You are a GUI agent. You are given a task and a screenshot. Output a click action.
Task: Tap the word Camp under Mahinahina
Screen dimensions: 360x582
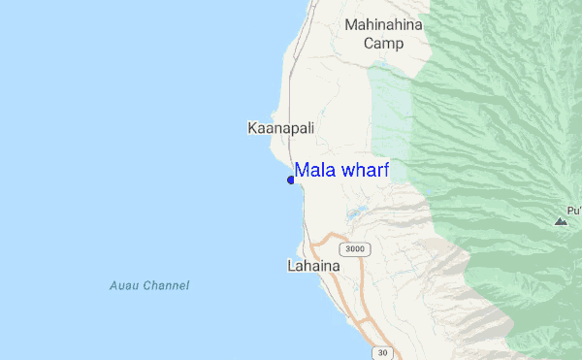coord(384,43)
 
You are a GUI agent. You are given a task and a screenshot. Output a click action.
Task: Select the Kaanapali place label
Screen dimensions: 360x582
coord(281,128)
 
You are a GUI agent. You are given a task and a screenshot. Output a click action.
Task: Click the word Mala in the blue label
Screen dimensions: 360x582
coord(314,171)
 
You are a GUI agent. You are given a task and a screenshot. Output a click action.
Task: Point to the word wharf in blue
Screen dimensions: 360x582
coord(364,171)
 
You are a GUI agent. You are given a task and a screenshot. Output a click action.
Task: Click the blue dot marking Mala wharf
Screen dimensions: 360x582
coord(291,180)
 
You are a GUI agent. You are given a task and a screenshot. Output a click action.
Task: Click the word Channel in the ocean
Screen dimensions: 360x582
coord(166,286)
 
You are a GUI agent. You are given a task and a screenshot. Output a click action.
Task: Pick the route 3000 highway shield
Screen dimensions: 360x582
coord(357,249)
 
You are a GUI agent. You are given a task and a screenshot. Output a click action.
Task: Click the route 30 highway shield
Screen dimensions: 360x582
coord(384,351)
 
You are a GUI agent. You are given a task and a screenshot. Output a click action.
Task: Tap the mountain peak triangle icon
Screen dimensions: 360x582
coord(561,221)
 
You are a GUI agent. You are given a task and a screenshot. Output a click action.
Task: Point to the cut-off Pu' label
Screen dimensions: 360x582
coord(573,210)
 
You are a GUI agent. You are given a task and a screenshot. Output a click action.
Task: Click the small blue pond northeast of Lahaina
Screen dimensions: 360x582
coord(357,213)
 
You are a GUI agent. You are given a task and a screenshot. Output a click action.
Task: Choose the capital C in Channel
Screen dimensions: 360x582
coord(147,286)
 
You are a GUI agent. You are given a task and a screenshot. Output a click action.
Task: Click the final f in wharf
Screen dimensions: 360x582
coord(385,170)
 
